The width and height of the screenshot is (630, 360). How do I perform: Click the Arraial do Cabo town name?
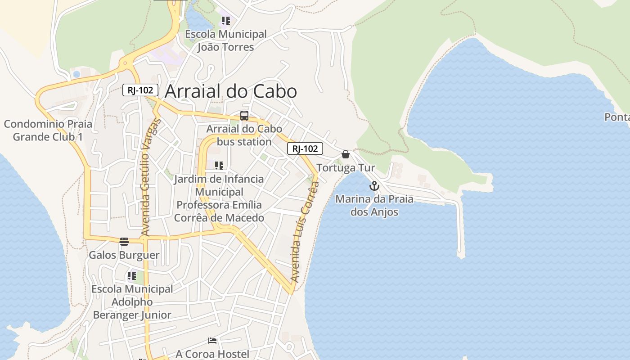[x=231, y=91]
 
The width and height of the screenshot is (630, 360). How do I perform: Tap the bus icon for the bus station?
[x=244, y=116]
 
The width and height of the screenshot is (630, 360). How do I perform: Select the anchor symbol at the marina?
[x=374, y=185]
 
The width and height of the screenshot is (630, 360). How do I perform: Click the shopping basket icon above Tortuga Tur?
[x=346, y=154]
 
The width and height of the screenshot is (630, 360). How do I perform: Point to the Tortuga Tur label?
[x=346, y=168]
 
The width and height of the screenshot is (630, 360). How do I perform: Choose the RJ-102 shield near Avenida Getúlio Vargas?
[x=140, y=90]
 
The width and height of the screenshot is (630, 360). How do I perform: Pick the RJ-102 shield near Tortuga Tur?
[x=305, y=148]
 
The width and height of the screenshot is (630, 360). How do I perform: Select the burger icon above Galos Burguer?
[x=124, y=242]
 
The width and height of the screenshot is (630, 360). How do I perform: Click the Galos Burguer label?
[x=124, y=255]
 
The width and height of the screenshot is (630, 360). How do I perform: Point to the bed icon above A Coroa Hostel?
[x=212, y=341]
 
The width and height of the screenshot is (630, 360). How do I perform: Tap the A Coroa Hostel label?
[x=212, y=354]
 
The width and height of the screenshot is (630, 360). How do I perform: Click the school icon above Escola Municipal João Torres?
[x=225, y=21]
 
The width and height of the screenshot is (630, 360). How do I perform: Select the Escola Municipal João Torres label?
[x=225, y=40]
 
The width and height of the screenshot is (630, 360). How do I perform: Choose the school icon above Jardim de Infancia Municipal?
[x=219, y=166]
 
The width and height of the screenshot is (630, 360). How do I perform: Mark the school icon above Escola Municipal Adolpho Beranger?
[x=131, y=276]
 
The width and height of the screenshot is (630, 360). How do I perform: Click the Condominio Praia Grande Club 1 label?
[x=48, y=130]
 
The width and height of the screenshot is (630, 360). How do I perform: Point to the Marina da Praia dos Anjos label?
[x=374, y=205]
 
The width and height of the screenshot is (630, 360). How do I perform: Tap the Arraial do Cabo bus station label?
[x=244, y=135]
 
